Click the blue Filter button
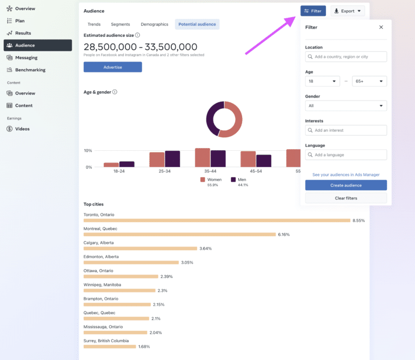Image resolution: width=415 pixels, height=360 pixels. [x=313, y=11]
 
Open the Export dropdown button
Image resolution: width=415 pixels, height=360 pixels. [x=347, y=11]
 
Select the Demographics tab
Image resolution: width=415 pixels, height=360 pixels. [x=155, y=24]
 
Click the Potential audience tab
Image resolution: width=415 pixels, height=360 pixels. [x=197, y=24]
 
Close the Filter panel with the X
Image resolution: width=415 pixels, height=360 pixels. [x=381, y=27]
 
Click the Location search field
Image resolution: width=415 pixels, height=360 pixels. [x=346, y=57]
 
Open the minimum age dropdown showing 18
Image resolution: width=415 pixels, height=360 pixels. [x=323, y=81]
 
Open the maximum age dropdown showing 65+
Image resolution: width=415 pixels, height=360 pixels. [x=370, y=81]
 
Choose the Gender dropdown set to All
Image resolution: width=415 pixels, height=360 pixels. [x=346, y=106]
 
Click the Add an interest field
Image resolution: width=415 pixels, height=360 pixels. [x=346, y=130]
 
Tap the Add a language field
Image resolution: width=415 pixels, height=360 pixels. [x=346, y=155]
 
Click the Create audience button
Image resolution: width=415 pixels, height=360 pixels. [x=346, y=185]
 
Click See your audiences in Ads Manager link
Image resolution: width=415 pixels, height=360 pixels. [x=346, y=175]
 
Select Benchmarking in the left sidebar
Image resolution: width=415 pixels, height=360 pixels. [x=30, y=70]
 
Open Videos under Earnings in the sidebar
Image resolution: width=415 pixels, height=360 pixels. [x=22, y=129]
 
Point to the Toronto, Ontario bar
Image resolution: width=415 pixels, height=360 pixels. [x=217, y=221]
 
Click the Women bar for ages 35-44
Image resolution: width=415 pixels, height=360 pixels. [x=203, y=157]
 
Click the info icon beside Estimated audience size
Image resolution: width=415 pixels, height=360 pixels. [x=137, y=35]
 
